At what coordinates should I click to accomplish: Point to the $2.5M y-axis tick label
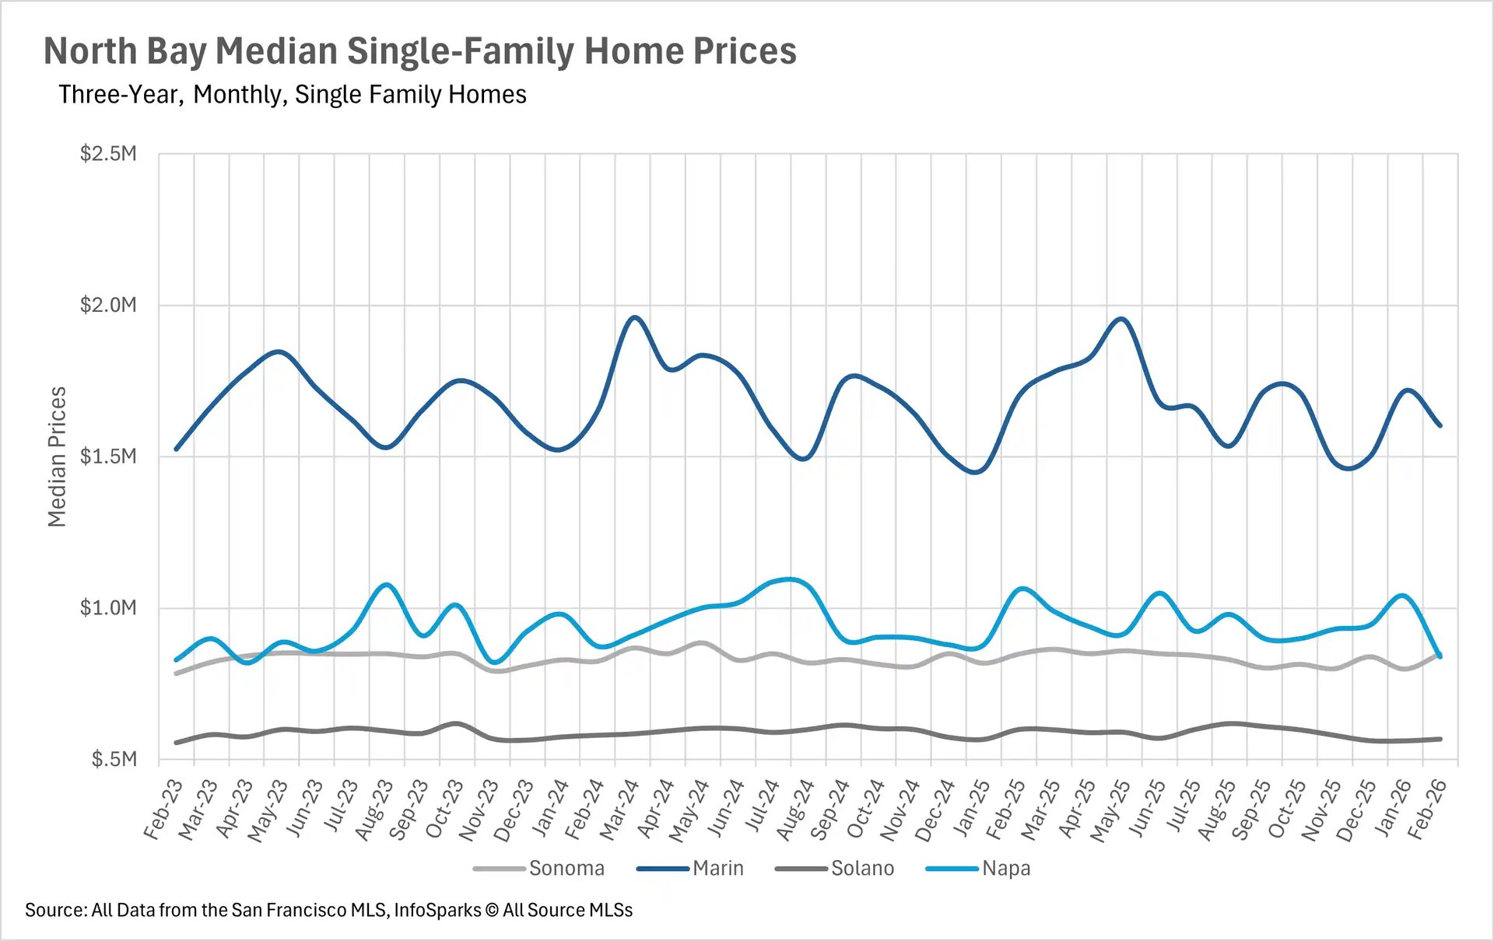(x=108, y=153)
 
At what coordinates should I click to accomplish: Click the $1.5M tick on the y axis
(x=108, y=456)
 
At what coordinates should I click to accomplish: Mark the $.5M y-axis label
(x=114, y=759)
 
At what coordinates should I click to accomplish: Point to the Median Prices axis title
(x=57, y=457)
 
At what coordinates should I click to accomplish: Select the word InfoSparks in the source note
(x=437, y=910)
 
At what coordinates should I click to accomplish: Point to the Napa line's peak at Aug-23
(x=387, y=584)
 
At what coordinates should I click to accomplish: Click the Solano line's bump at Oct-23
(x=457, y=723)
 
